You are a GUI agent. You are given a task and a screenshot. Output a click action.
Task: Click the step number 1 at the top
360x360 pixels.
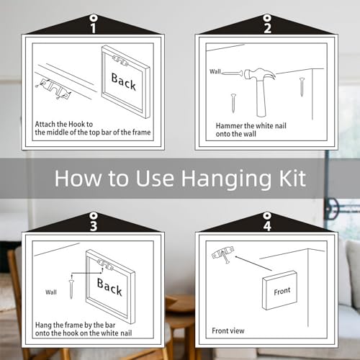coord(94,28)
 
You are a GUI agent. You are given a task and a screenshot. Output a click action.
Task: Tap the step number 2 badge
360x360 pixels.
coord(267,28)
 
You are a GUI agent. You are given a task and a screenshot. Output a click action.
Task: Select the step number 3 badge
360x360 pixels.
coord(94,226)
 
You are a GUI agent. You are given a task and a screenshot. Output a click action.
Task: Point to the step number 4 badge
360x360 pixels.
coord(267,226)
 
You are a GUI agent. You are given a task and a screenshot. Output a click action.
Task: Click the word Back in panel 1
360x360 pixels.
coord(123,81)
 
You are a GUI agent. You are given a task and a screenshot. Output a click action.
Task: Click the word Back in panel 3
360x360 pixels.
coord(109,287)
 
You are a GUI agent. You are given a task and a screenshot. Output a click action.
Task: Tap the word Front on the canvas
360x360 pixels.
coord(282,291)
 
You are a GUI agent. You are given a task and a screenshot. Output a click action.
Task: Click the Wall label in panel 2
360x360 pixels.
coord(215,71)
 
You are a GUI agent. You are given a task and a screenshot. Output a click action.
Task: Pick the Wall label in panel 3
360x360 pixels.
coord(51,292)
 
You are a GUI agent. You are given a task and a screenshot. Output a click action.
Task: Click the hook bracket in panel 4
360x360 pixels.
coord(222,253)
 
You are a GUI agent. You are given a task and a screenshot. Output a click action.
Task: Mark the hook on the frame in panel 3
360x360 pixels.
coord(105,264)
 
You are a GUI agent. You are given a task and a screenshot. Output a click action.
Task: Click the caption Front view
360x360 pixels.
coord(228,330)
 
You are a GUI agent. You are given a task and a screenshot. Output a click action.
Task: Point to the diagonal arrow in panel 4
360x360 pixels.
coord(253,264)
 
